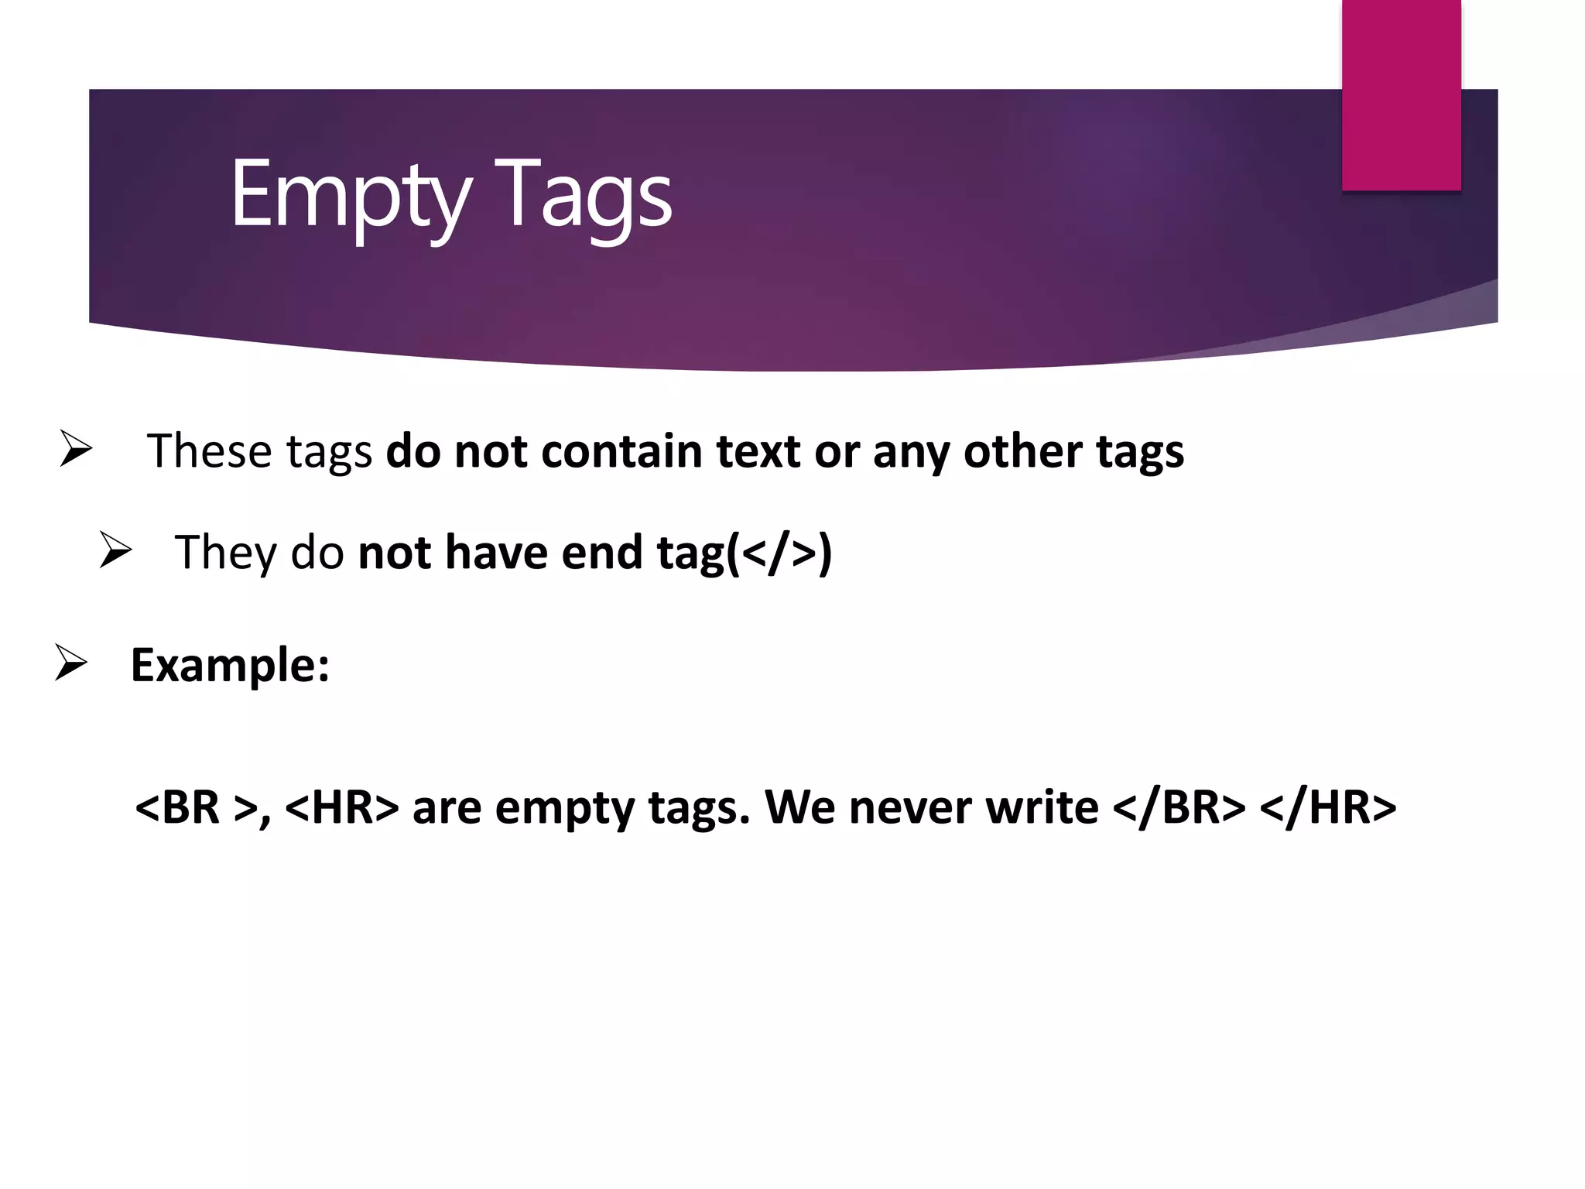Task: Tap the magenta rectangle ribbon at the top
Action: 1401,94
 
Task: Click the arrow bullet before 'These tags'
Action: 76,449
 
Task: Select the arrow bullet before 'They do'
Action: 116,551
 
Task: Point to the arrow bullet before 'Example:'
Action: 71,663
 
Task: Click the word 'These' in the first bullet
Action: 209,451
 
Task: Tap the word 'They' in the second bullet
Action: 225,553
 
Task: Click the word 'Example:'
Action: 230,665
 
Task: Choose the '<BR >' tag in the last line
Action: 196,807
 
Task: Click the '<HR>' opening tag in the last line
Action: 341,807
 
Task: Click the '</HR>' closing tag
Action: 1328,807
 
